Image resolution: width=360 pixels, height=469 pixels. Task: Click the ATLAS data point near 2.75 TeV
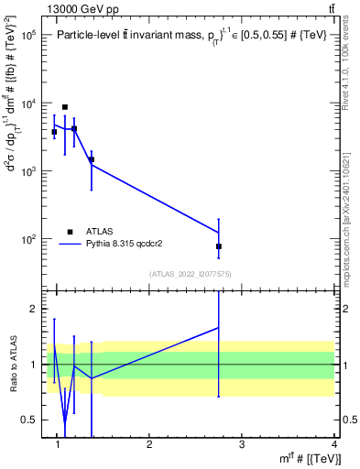click(219, 246)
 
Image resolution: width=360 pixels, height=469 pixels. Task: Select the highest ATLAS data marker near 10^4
click(64, 107)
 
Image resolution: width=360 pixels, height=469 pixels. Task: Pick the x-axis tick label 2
click(149, 444)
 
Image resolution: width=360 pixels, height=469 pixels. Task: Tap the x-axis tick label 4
click(333, 444)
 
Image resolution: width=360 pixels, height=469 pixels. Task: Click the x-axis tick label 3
click(241, 444)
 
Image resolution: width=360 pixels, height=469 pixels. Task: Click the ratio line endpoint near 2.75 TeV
click(219, 327)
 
